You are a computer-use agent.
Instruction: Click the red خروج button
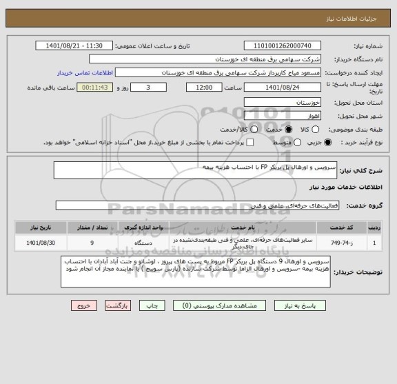click(81, 305)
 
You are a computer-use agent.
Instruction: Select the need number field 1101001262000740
click(287, 46)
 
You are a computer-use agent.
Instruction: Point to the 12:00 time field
click(204, 88)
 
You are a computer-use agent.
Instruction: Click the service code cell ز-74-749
click(340, 243)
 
